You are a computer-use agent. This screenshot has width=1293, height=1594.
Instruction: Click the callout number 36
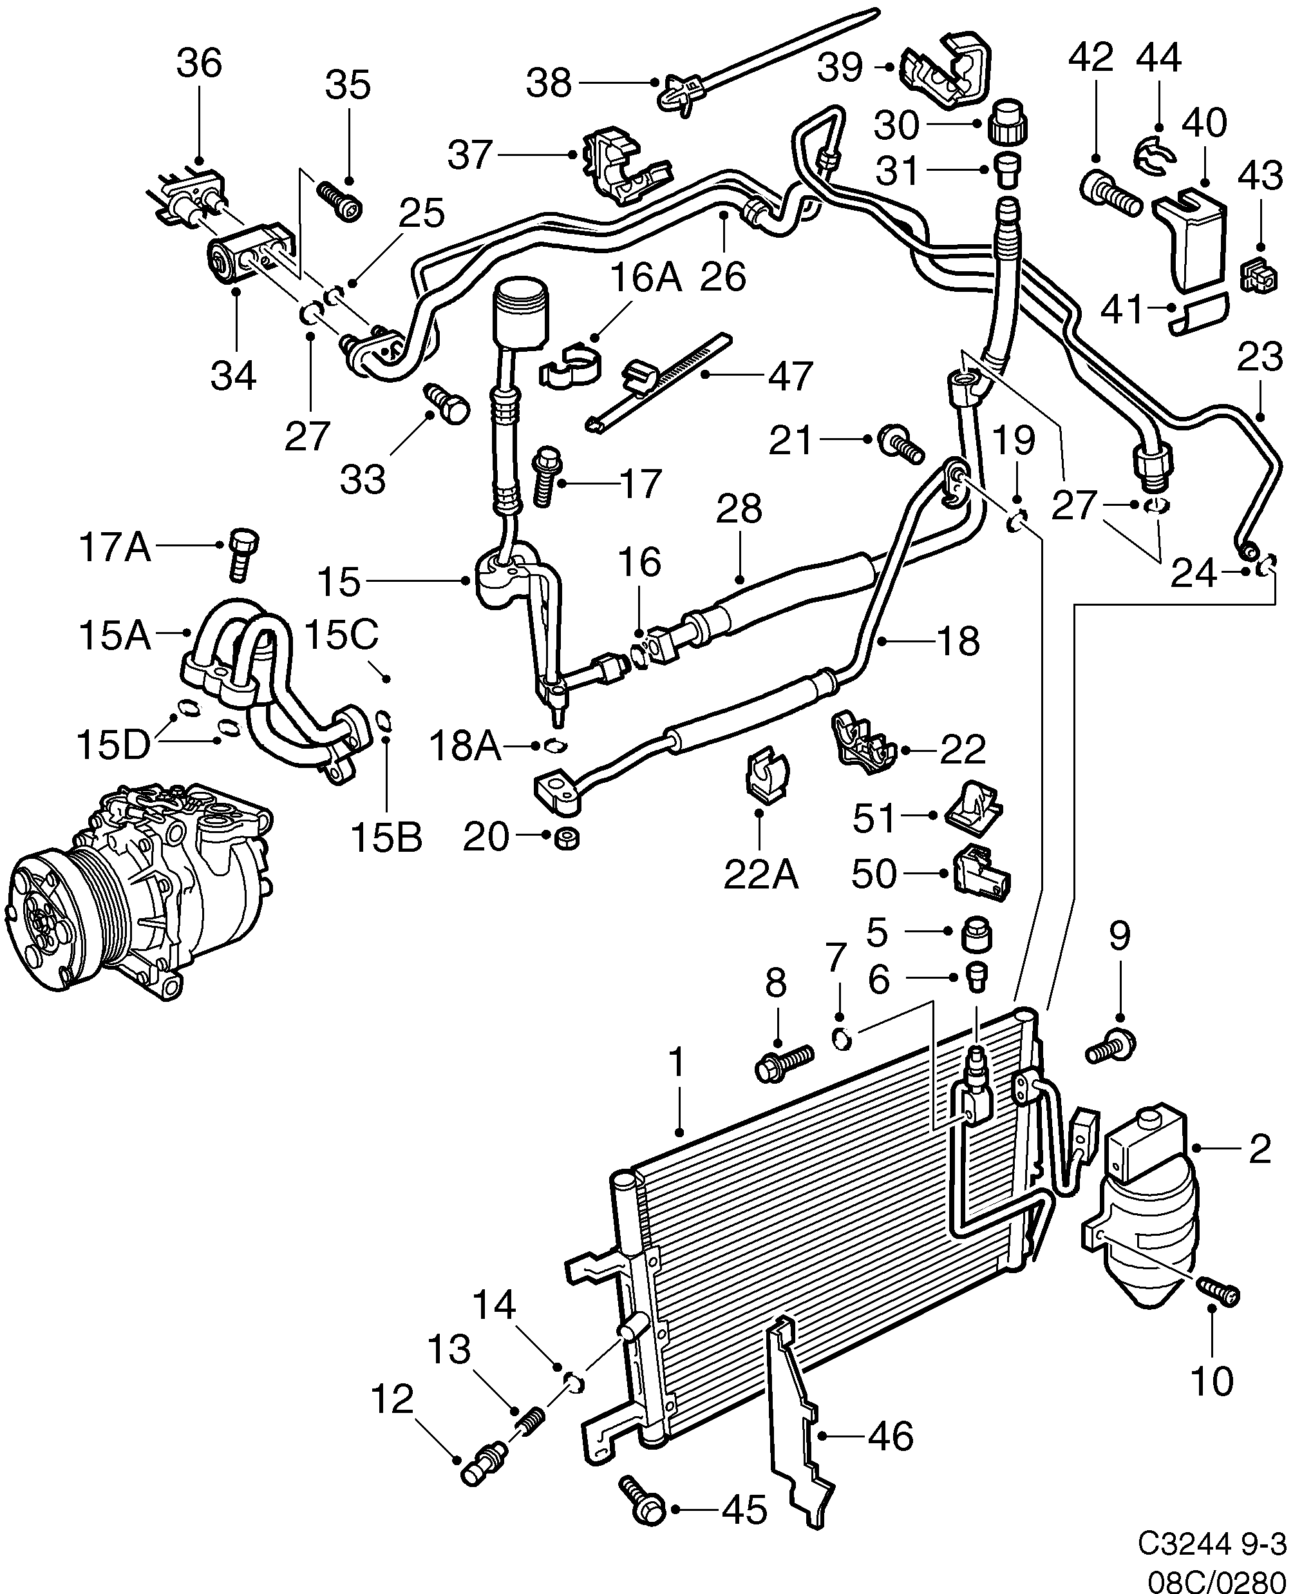[199, 63]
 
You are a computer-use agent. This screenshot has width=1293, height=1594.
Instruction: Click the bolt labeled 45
[643, 1499]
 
